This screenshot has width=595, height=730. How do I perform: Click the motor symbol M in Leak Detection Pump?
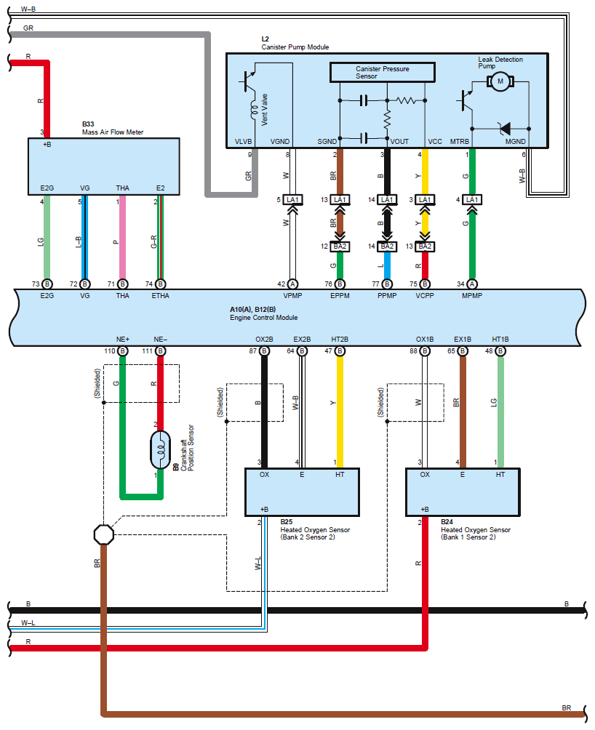pos(500,82)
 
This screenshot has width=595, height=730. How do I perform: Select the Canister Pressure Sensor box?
pos(382,72)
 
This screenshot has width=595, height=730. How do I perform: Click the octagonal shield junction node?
pos(105,535)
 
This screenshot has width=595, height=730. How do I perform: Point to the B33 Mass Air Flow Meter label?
pos(112,129)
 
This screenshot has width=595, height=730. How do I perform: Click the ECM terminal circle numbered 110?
pos(122,351)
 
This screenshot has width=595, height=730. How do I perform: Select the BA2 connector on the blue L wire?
pos(386,247)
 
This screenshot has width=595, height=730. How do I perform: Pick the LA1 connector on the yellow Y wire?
pos(425,200)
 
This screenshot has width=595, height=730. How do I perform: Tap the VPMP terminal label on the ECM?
pos(292,295)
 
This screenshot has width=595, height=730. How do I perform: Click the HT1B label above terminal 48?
pos(500,340)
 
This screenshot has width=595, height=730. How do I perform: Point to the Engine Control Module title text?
pos(263,318)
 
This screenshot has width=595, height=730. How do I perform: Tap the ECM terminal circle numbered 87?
pos(264,351)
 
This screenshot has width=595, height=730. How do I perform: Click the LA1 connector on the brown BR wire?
pos(340,200)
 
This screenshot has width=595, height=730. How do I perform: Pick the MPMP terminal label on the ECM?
pos(471,295)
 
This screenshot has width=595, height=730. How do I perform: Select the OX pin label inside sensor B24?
pos(425,475)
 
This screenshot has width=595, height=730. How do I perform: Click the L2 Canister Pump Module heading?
pos(295,43)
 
